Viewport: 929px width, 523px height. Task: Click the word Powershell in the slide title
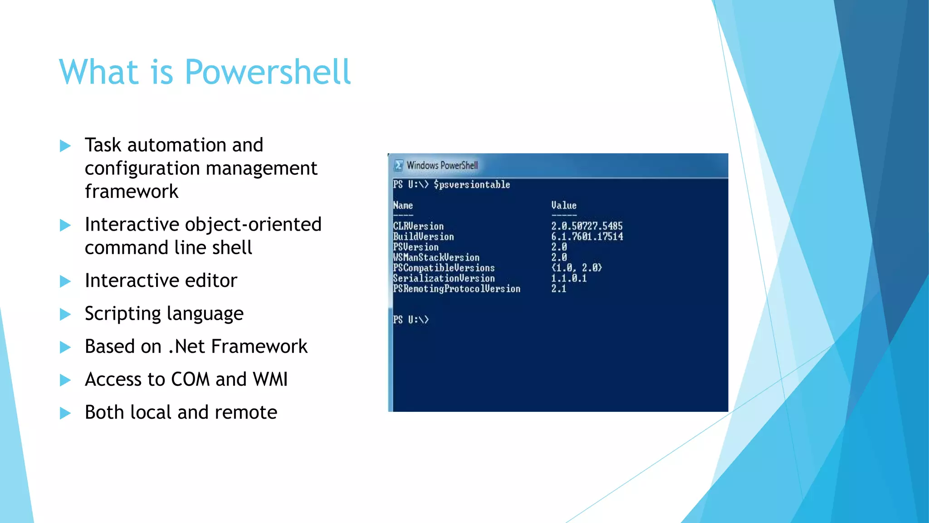click(x=268, y=72)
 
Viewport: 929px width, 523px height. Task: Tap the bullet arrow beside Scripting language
click(x=65, y=314)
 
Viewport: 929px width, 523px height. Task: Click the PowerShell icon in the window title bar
click(x=399, y=166)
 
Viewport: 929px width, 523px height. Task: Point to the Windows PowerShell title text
click(x=442, y=166)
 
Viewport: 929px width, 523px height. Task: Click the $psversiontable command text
click(x=472, y=185)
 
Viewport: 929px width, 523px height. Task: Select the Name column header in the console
click(x=403, y=206)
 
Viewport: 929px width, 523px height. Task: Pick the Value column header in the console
click(x=564, y=206)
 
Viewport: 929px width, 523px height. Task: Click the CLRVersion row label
click(x=418, y=226)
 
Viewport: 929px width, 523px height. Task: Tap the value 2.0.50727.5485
click(x=587, y=226)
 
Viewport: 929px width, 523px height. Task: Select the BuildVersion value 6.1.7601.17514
click(x=587, y=237)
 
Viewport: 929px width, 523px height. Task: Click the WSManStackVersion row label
click(x=436, y=257)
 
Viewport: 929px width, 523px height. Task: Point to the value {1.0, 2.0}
click(x=577, y=268)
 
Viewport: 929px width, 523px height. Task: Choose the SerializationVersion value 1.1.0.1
click(x=569, y=278)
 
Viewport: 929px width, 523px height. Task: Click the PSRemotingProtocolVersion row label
click(x=456, y=289)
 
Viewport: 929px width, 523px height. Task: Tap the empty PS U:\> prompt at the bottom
click(x=411, y=320)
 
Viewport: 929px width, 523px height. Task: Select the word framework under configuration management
click(x=132, y=192)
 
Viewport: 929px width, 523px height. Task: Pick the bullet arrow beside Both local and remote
click(x=65, y=413)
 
